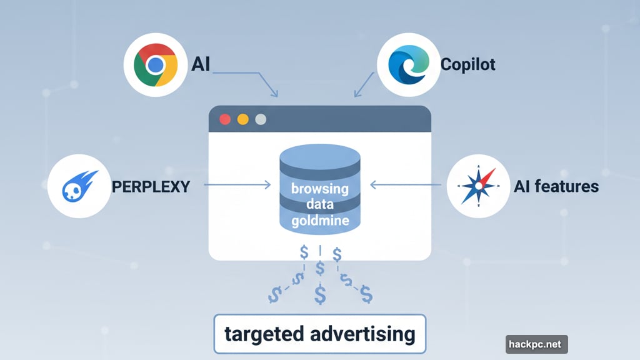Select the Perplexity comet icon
coord(79,186)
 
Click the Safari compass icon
coord(478,186)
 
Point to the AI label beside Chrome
coord(201,64)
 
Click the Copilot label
coord(468,64)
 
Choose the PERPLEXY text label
coord(151,186)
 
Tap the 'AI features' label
coord(556,186)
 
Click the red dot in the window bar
coord(225,119)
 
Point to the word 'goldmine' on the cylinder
coord(319,221)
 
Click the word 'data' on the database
coord(319,205)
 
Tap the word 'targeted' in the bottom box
coord(264,334)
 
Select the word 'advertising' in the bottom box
coord(362,334)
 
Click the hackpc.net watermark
coord(536,344)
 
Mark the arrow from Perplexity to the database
coord(237,185)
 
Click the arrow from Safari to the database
coord(406,185)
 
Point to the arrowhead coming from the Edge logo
coord(356,94)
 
